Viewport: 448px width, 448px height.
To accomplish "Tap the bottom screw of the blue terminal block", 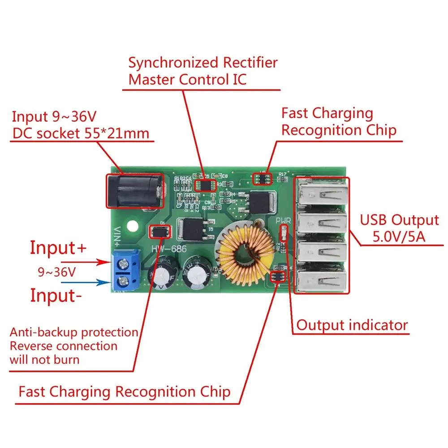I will pos(123,281).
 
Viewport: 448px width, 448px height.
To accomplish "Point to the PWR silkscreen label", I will pos(283,221).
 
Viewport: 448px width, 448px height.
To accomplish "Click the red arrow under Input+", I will pos(85,263).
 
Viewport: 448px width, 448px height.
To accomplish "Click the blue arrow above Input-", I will pos(85,283).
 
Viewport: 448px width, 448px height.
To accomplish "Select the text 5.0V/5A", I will pos(400,236).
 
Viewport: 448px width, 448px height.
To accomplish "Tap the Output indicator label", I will pos(352,325).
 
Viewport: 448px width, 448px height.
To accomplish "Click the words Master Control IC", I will pos(187,79).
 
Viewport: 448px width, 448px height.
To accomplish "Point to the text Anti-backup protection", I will pos(74,332).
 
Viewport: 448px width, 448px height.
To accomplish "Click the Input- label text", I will pos(56,296).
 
